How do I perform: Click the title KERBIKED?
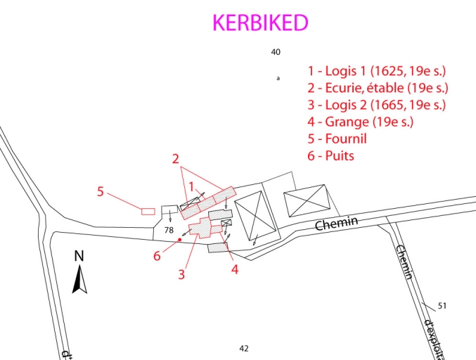[x=260, y=23]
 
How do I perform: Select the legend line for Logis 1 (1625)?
[x=378, y=71]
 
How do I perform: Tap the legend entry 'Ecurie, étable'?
[x=378, y=88]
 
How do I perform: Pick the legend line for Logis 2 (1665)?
[x=378, y=105]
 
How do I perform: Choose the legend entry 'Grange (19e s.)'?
[x=360, y=122]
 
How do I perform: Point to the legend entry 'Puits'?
[x=330, y=155]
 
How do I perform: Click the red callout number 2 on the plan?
[x=176, y=159]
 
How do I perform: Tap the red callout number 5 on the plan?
[x=101, y=191]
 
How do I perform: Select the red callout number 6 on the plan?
[x=157, y=256]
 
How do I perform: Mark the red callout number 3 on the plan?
[x=181, y=274]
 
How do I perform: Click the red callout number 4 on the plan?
[x=235, y=268]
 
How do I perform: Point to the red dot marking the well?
[x=180, y=240]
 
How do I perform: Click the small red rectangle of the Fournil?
[x=148, y=211]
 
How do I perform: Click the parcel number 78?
[x=169, y=230]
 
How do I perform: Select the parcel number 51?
[x=442, y=306]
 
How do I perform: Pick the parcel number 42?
[x=244, y=348]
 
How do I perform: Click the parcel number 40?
[x=276, y=52]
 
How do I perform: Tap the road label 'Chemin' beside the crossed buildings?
[x=337, y=224]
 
